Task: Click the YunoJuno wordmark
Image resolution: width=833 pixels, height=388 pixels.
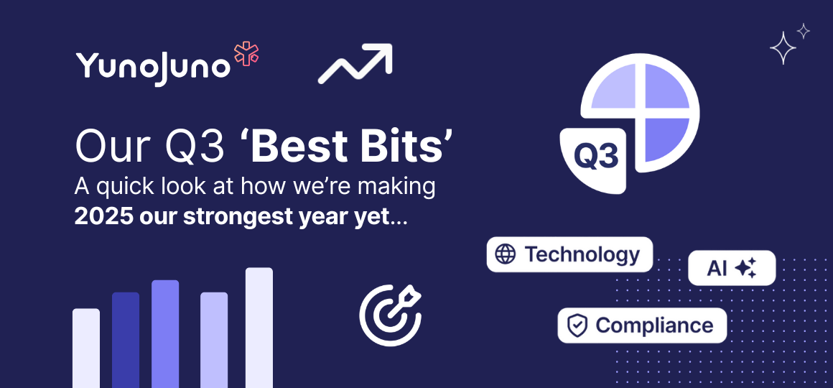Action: click(x=152, y=67)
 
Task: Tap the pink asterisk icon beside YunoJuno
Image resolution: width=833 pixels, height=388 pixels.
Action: click(x=246, y=55)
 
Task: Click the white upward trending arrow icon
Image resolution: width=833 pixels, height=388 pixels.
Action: click(x=355, y=63)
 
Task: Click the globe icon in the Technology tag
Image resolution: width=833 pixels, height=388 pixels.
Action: click(x=506, y=254)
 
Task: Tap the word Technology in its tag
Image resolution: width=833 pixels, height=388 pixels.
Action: click(x=582, y=254)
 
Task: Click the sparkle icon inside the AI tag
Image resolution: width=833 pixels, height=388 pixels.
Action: click(x=746, y=269)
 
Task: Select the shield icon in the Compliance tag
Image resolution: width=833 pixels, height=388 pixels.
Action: click(x=577, y=325)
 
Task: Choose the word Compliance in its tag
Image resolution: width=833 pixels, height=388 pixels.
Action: click(x=654, y=325)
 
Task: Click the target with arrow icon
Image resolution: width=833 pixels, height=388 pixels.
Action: click(x=389, y=315)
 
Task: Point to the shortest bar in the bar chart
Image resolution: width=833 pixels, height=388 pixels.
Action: click(x=86, y=348)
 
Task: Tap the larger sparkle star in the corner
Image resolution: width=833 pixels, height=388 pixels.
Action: click(x=783, y=49)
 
